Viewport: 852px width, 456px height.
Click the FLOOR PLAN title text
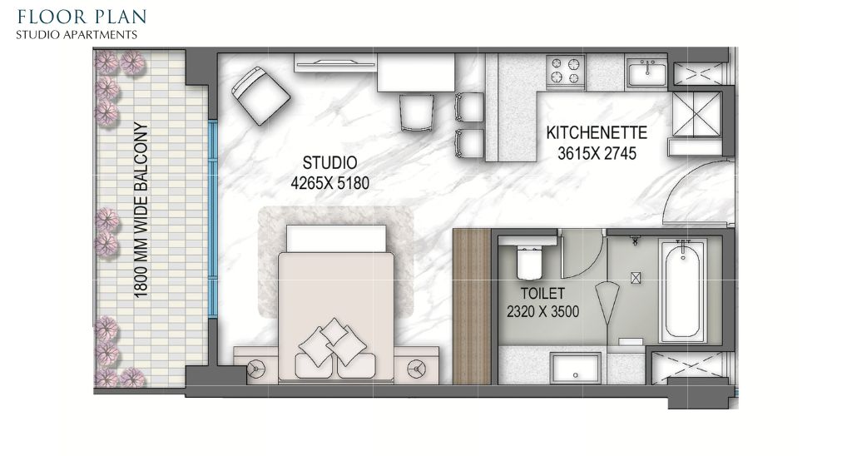tap(82, 17)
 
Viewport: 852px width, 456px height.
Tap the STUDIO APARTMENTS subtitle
tap(76, 35)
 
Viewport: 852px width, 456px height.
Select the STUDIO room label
tap(329, 162)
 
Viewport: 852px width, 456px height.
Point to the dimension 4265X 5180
tap(329, 183)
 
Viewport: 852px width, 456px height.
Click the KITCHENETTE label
tap(597, 132)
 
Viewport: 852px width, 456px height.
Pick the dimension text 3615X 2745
tap(597, 154)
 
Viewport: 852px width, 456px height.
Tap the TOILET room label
tap(542, 294)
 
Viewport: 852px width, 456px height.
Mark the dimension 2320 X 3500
tap(542, 312)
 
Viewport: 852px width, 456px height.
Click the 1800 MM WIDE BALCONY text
tap(141, 211)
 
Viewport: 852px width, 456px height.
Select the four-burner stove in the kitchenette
tap(566, 71)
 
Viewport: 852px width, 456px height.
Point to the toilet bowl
tap(529, 261)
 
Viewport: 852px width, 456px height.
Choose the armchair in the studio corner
tap(260, 96)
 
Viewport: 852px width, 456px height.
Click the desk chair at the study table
tap(417, 112)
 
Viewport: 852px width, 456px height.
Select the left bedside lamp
tap(256, 369)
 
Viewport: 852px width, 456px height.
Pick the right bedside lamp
tap(418, 369)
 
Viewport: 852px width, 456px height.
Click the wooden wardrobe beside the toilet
tap(473, 306)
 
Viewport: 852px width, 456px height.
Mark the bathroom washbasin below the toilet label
tap(576, 369)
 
